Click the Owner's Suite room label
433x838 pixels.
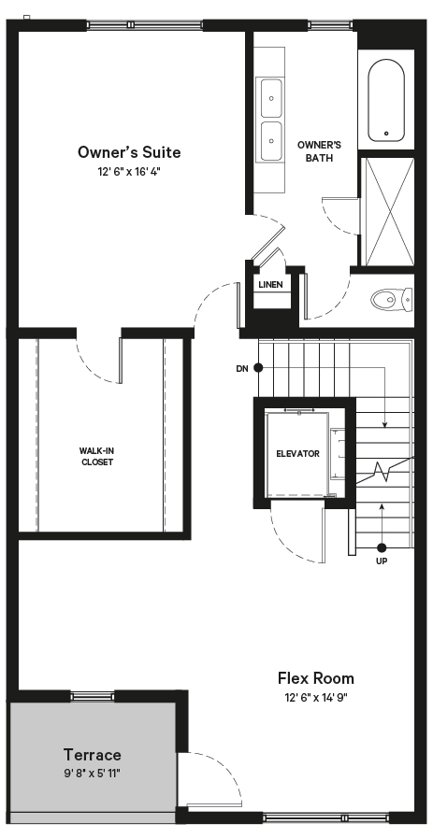[x=129, y=152]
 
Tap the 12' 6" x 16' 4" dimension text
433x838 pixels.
[x=129, y=172]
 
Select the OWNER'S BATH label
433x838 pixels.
[x=319, y=151]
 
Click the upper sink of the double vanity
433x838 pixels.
[x=271, y=98]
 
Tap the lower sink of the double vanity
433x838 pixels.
[x=271, y=140]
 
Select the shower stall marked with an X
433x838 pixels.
[x=388, y=212]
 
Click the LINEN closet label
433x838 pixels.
[x=270, y=285]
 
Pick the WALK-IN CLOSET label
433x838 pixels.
[x=97, y=457]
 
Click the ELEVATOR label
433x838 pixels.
[x=297, y=454]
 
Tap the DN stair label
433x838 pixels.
[x=241, y=368]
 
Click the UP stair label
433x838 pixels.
[x=382, y=561]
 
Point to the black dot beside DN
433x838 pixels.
[x=258, y=368]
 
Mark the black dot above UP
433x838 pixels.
[x=382, y=547]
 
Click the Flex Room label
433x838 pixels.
[x=316, y=678]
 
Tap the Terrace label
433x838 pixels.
[x=93, y=755]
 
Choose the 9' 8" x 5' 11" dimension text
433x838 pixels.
[x=93, y=773]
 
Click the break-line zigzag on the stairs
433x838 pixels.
[x=385, y=472]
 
